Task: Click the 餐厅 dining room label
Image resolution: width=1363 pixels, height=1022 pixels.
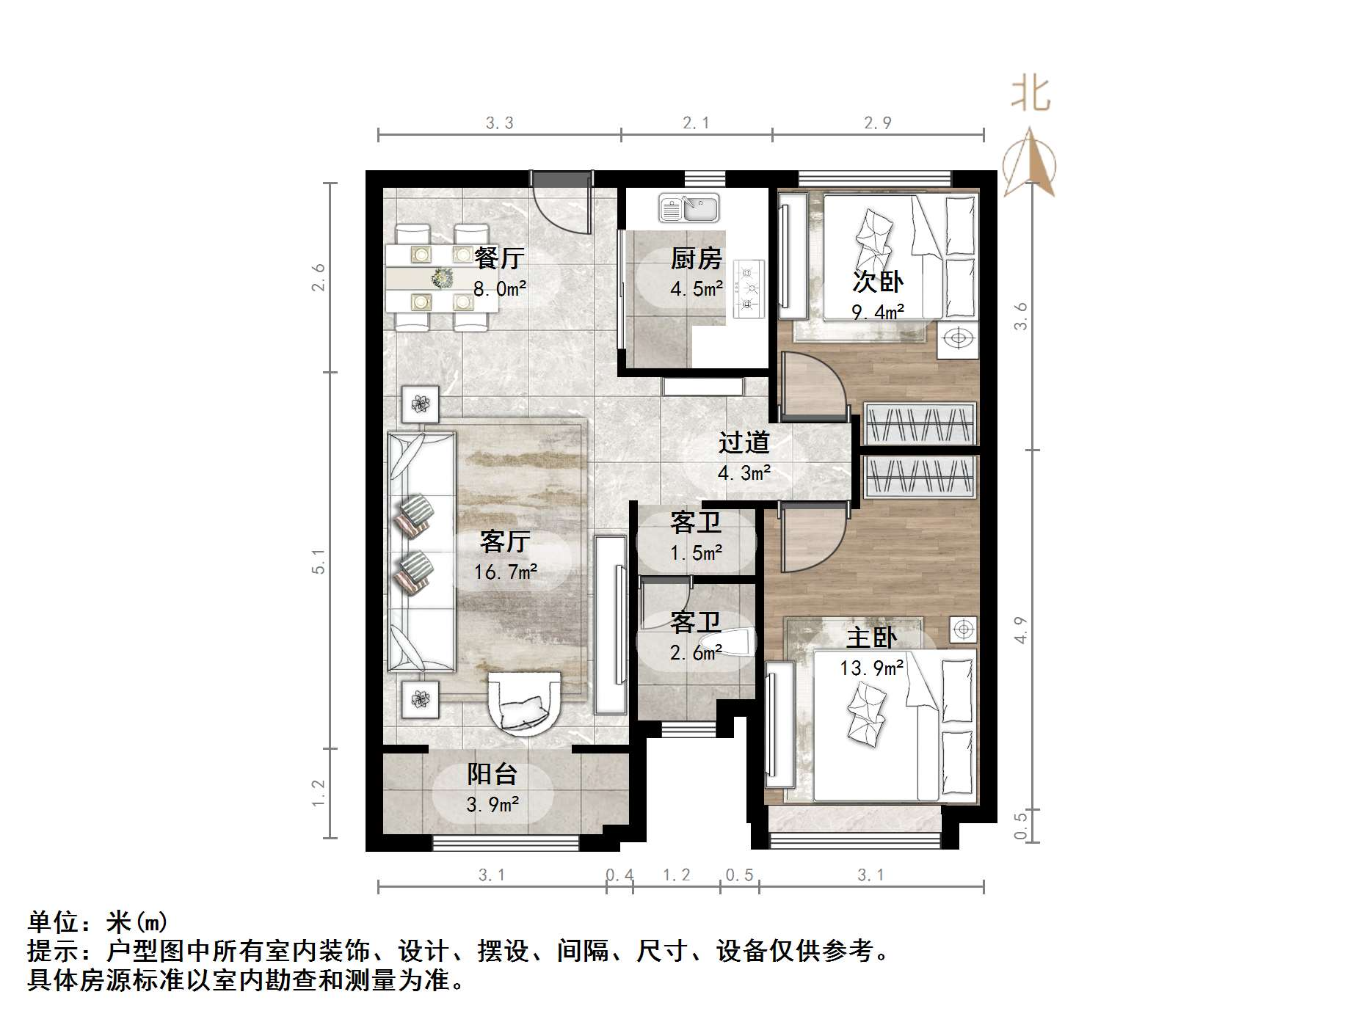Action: [x=498, y=258]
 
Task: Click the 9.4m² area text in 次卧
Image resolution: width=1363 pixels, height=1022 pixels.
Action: [x=877, y=313]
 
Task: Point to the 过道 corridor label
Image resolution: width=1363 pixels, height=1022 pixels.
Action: [x=744, y=442]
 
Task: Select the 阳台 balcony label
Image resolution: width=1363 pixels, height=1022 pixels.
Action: [x=493, y=774]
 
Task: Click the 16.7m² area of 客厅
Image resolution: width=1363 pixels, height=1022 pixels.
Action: [x=505, y=572]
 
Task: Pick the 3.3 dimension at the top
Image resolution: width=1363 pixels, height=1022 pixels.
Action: [x=499, y=123]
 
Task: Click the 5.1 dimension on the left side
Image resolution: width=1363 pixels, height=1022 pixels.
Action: [x=318, y=561]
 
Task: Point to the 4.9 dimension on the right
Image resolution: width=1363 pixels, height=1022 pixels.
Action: [x=1020, y=629]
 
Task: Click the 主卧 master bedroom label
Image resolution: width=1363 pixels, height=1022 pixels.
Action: [x=871, y=638]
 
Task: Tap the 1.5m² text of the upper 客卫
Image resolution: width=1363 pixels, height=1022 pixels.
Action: [x=696, y=552]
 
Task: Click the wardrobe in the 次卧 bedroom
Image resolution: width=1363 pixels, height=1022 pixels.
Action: [x=919, y=423]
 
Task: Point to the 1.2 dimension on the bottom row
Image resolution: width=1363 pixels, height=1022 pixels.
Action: [x=676, y=875]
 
